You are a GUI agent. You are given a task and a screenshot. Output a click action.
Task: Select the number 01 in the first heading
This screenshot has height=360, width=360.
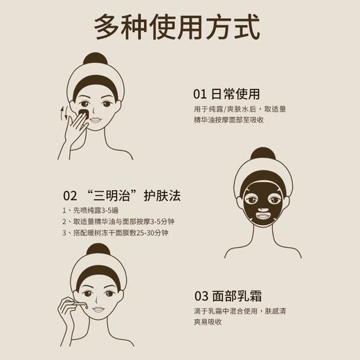(x=201, y=94)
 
